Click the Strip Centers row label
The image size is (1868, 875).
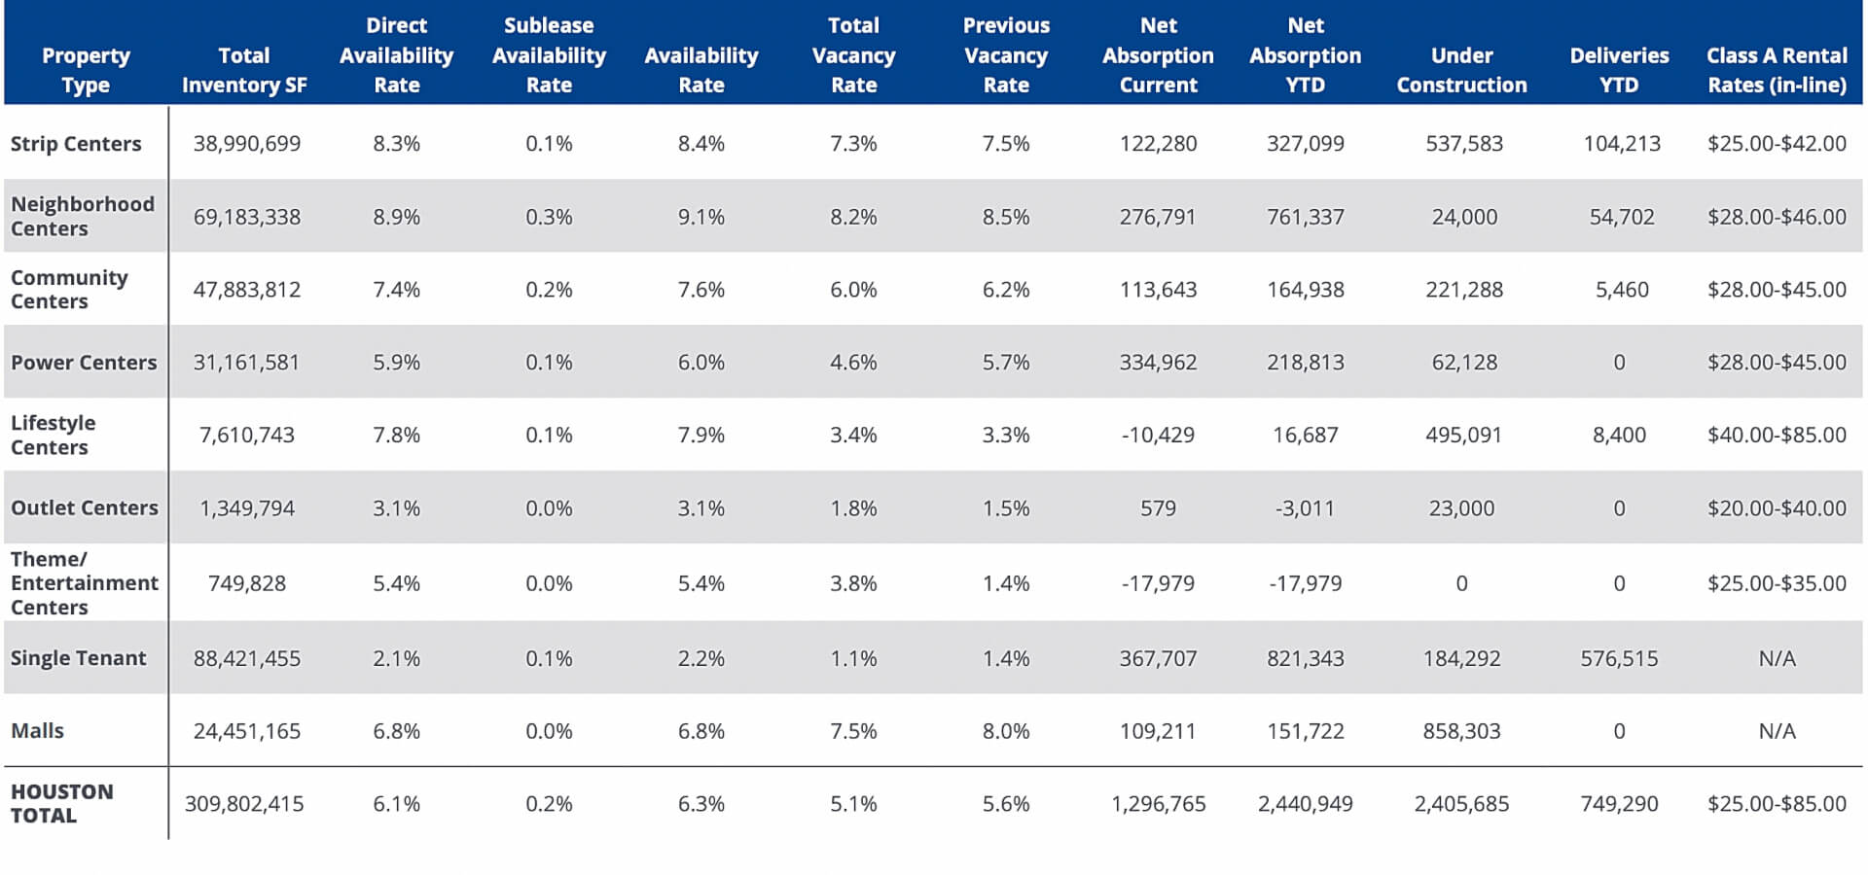(x=76, y=144)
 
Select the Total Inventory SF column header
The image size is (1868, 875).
(x=244, y=70)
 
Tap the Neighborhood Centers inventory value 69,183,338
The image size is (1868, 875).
(x=247, y=217)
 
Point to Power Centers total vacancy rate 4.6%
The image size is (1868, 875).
(x=853, y=363)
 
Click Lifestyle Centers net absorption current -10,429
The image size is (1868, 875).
(x=1158, y=436)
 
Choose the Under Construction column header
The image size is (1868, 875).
(x=1461, y=70)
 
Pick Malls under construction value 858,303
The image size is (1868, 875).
(x=1461, y=731)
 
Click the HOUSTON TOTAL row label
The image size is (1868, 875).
(x=62, y=804)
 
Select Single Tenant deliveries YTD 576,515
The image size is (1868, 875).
(x=1619, y=659)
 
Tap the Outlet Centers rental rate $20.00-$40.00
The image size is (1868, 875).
(x=1777, y=508)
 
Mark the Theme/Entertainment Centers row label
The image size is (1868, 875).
(x=84, y=583)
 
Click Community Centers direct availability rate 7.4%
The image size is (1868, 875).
(x=396, y=290)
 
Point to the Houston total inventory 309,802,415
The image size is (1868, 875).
(x=244, y=804)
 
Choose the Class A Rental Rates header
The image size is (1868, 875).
(x=1777, y=70)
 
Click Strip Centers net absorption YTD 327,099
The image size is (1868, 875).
(x=1305, y=144)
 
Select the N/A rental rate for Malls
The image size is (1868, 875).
(x=1777, y=731)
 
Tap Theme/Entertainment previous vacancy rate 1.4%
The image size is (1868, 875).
(x=1006, y=583)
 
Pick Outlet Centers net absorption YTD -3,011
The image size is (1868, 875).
(x=1305, y=508)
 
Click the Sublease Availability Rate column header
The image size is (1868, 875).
(x=549, y=55)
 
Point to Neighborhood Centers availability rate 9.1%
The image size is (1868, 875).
(x=700, y=217)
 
